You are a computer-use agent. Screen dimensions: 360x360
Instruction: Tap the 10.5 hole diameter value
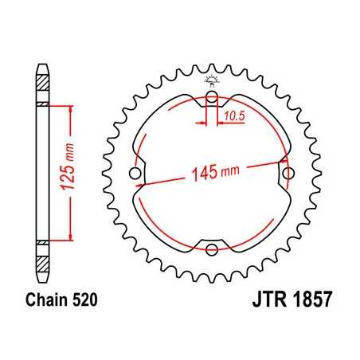coord(233,117)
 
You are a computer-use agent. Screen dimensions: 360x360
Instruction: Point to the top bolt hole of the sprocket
coord(212,100)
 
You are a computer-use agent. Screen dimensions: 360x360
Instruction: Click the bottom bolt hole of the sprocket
coord(212,249)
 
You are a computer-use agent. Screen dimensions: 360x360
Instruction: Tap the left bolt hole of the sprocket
coord(135,174)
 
